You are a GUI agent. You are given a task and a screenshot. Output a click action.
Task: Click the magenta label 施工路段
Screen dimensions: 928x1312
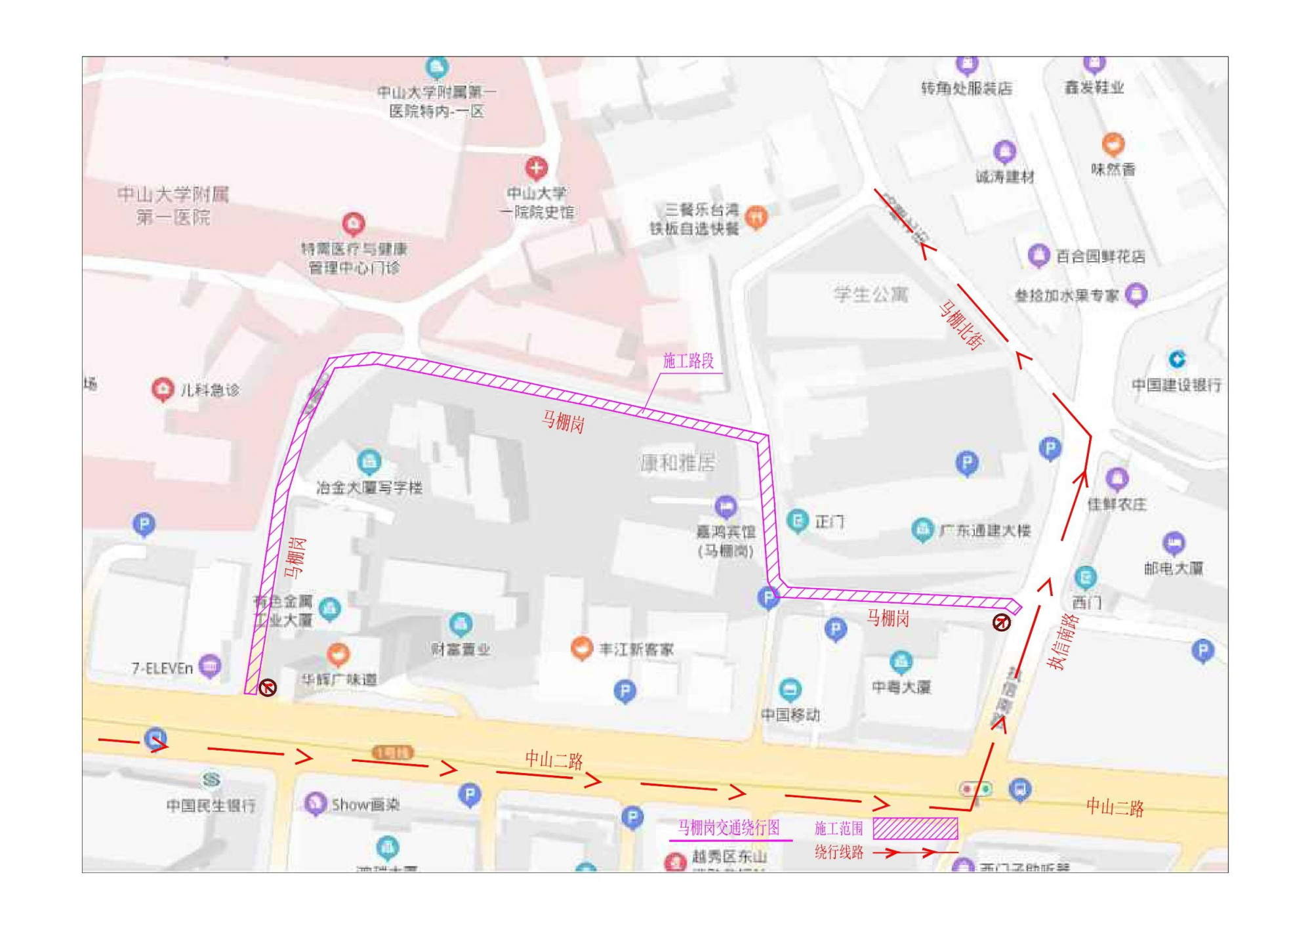tap(688, 361)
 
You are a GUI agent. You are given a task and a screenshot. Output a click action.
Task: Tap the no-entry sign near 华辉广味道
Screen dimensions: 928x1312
tap(268, 688)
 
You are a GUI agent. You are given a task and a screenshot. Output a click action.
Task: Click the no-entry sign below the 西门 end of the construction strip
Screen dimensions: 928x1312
tap(1001, 622)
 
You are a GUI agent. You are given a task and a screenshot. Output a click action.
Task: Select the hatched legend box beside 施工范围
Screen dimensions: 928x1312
tap(915, 828)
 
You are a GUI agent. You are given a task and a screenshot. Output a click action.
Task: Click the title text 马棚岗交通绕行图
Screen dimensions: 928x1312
tap(728, 828)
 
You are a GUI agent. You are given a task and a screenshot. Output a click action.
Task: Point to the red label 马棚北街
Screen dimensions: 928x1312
tap(962, 325)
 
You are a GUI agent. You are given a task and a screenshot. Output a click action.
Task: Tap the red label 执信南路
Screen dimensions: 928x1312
tap(1063, 641)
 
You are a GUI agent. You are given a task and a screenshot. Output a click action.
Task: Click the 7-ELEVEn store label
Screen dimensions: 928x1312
tap(162, 669)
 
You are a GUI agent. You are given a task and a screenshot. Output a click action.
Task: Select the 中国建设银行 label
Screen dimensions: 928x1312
tap(1177, 385)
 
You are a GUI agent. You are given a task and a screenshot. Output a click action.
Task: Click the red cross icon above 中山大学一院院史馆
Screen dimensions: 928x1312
tap(536, 168)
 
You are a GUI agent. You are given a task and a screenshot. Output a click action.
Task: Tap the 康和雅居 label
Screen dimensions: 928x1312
tap(678, 463)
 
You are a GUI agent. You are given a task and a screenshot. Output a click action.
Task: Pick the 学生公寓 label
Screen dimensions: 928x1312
tap(871, 295)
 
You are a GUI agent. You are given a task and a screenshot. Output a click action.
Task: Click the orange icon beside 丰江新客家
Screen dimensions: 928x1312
tap(581, 648)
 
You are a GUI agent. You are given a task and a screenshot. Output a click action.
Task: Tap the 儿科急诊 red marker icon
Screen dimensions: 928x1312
tap(162, 389)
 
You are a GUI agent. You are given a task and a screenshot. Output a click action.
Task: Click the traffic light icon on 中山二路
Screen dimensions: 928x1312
tap(975, 789)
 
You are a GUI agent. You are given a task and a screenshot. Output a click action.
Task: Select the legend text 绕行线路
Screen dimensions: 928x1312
tap(838, 853)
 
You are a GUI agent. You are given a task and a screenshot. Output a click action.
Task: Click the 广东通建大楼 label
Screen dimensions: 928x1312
tap(985, 530)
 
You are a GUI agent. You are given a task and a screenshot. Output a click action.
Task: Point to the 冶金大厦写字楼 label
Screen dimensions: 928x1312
tap(369, 488)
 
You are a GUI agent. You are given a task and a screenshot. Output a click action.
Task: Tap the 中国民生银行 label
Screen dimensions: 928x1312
tap(211, 805)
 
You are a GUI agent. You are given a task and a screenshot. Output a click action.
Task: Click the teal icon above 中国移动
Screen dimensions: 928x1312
tap(790, 689)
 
